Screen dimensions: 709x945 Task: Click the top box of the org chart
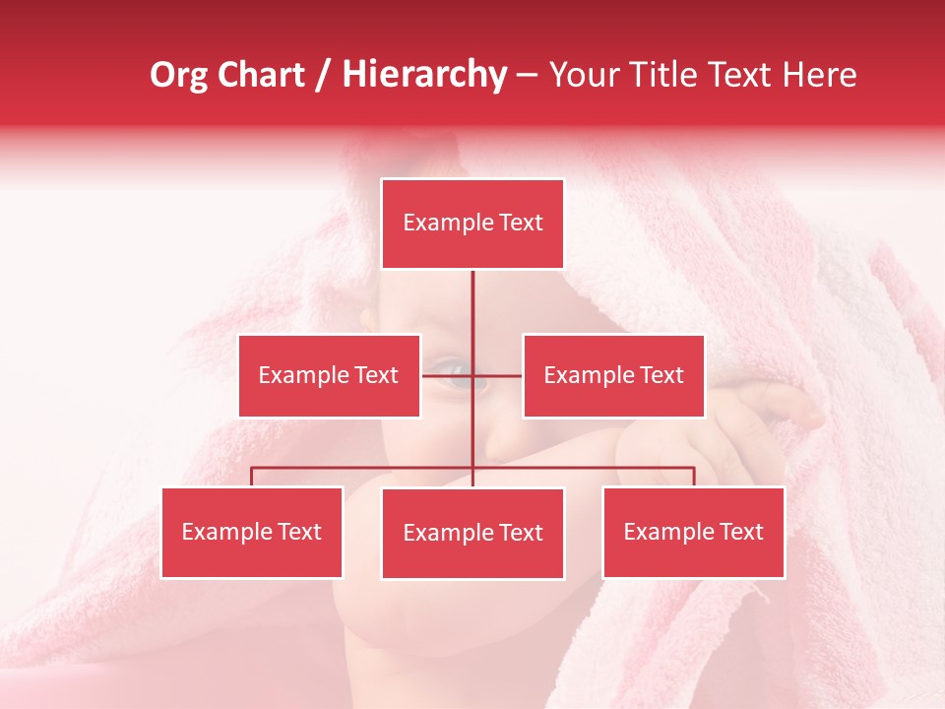(472, 224)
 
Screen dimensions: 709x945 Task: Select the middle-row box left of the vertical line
(329, 375)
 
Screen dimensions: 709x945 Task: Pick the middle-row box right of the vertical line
(613, 375)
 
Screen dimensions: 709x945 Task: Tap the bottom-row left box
(252, 532)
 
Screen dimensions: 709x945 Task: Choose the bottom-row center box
(472, 533)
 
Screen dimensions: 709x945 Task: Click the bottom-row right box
(693, 532)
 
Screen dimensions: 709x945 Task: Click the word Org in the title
(178, 75)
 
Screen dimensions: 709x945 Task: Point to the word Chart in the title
(262, 75)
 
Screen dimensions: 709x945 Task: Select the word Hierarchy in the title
(424, 75)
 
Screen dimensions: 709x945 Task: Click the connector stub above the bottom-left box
(252, 477)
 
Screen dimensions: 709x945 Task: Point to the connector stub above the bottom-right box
(693, 477)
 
